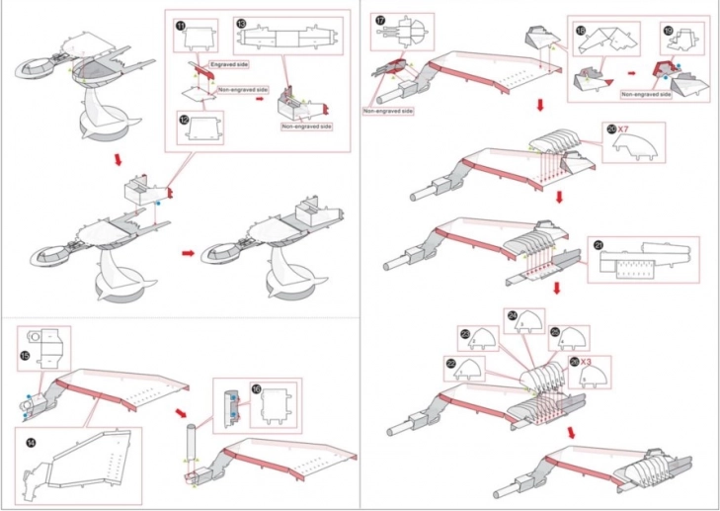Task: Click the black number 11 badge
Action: coord(181,26)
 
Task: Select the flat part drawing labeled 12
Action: coord(203,127)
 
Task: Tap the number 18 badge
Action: coord(582,31)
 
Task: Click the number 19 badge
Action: coord(670,31)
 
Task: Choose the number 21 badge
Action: coord(599,245)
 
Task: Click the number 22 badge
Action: coord(452,363)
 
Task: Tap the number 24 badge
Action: coord(514,316)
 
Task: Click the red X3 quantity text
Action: coord(586,362)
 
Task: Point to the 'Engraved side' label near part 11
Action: coord(229,63)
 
